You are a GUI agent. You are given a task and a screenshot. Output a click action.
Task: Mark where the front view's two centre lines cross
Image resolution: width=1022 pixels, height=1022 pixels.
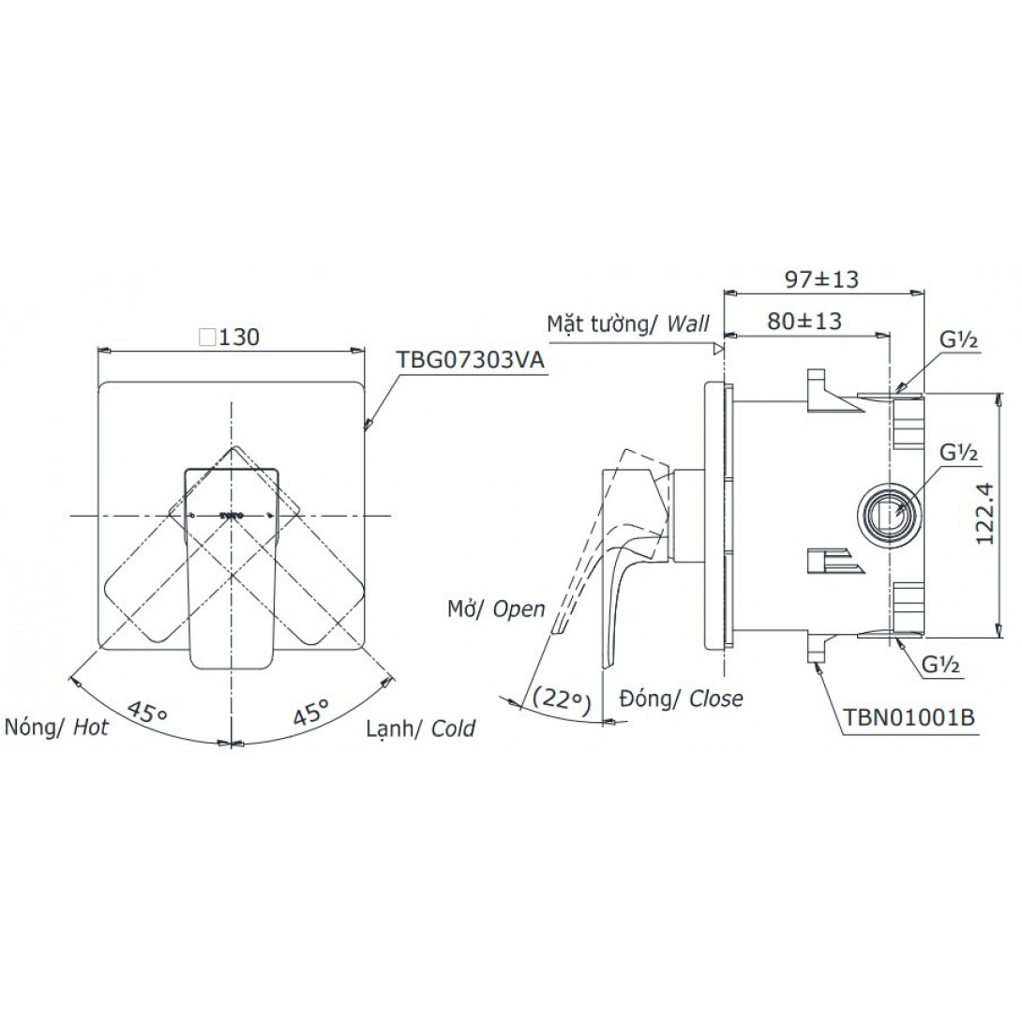pos(232,516)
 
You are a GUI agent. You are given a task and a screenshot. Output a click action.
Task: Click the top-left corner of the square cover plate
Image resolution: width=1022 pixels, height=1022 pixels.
pos(98,382)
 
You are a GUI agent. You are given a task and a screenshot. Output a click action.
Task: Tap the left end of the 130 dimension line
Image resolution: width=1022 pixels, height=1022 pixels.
pos(98,350)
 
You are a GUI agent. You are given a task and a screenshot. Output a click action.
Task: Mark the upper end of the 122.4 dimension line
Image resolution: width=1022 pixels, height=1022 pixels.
pos(998,393)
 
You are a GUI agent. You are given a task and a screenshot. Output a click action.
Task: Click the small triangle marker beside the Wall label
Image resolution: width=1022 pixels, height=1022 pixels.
pos(717,349)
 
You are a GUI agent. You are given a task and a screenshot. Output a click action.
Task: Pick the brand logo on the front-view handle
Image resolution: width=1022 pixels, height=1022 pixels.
pos(232,515)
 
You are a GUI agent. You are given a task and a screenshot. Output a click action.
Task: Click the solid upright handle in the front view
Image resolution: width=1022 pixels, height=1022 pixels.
pos(233,567)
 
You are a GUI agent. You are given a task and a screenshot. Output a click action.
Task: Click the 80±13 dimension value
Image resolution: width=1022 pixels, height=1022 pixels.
pos(804,321)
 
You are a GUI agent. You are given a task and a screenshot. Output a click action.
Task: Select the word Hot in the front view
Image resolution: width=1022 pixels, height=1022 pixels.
pos(90,727)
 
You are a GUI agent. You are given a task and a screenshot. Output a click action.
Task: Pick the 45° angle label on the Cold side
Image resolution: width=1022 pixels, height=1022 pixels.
pos(312,712)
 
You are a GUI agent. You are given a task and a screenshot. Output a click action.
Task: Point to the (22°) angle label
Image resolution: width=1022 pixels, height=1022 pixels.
pos(562,699)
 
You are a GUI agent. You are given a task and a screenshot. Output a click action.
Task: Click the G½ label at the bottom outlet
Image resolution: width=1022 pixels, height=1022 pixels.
pos(940,664)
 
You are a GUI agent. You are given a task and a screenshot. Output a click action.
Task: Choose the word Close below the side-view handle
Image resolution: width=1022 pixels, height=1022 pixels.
pos(715,699)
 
